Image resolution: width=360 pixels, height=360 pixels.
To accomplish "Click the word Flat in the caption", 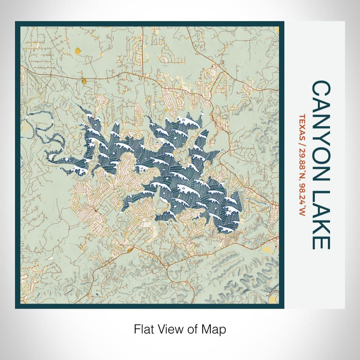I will [143, 328].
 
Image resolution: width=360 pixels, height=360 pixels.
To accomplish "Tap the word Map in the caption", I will [215, 328].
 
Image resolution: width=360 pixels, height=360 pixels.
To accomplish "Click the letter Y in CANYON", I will [321, 135].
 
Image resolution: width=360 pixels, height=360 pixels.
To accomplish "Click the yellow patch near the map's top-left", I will [77, 51].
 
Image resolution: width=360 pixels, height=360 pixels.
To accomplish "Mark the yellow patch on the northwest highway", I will [83, 80].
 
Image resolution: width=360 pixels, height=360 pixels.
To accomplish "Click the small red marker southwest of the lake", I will [96, 210].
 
